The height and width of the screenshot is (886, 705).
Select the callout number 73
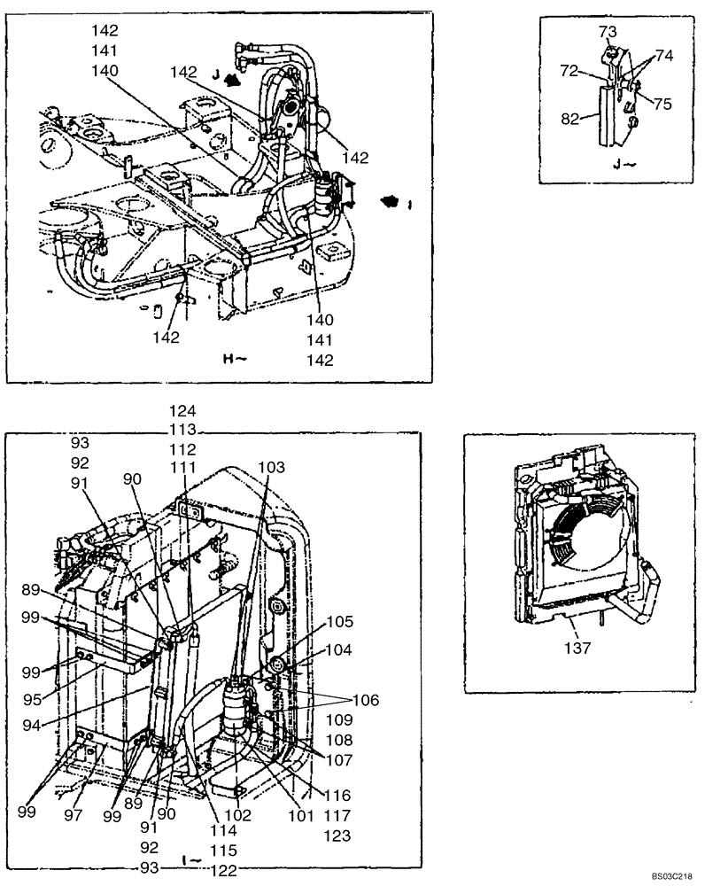pyautogui.click(x=607, y=32)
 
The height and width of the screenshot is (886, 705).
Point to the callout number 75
pyautogui.click(x=662, y=103)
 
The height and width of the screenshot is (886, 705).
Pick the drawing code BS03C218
pyautogui.click(x=673, y=875)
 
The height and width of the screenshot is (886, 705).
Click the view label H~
pyautogui.click(x=234, y=359)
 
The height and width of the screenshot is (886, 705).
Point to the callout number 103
pyautogui.click(x=273, y=466)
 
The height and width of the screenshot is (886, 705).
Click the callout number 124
pyautogui.click(x=184, y=411)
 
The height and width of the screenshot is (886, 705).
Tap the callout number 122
pyautogui.click(x=225, y=870)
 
